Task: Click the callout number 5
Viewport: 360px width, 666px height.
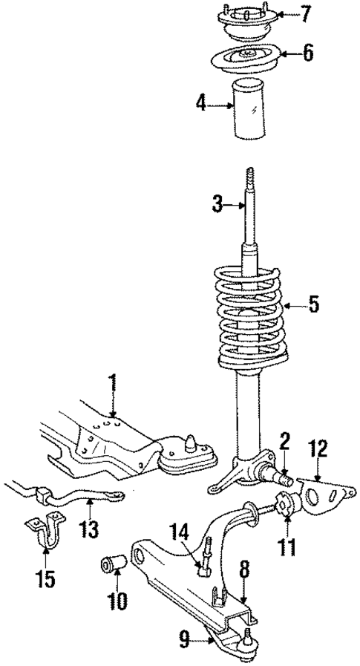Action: click(x=314, y=304)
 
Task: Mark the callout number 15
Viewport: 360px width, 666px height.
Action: click(x=46, y=578)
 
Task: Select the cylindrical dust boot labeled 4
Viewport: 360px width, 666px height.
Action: click(x=255, y=108)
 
